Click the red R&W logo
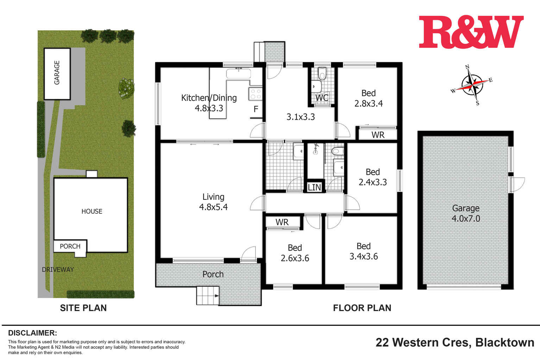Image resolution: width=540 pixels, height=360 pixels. tap(471, 32)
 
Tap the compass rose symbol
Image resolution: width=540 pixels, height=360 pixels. tap(472, 85)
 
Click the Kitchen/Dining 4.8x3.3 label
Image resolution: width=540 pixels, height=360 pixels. tap(209, 103)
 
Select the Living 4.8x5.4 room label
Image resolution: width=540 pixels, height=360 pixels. tap(213, 202)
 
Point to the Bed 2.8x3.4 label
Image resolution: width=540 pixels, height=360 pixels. tap(368, 98)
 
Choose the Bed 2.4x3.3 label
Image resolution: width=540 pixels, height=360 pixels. tap(372, 177)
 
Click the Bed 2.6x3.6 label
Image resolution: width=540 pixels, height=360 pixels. tap(295, 253)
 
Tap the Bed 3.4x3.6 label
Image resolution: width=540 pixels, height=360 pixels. tap(363, 251)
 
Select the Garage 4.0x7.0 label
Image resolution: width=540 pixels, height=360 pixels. tap(466, 213)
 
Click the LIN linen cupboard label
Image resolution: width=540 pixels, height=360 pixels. tap(314, 188)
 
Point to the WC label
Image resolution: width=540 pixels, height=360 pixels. tap(322, 98)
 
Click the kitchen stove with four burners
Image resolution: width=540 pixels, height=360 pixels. tap(256, 94)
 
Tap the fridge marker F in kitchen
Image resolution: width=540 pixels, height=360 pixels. tap(256, 109)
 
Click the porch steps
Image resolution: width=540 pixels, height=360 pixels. tap(208, 296)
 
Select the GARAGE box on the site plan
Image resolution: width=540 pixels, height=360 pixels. tap(57, 73)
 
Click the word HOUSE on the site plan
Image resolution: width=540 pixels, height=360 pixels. tap(92, 211)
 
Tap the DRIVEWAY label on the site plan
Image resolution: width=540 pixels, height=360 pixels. tap(58, 270)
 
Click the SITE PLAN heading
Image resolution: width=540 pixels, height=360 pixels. tap(83, 308)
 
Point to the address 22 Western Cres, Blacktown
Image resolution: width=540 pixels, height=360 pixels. tap(455, 342)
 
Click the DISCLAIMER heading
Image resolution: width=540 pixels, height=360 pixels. tap(32, 333)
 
